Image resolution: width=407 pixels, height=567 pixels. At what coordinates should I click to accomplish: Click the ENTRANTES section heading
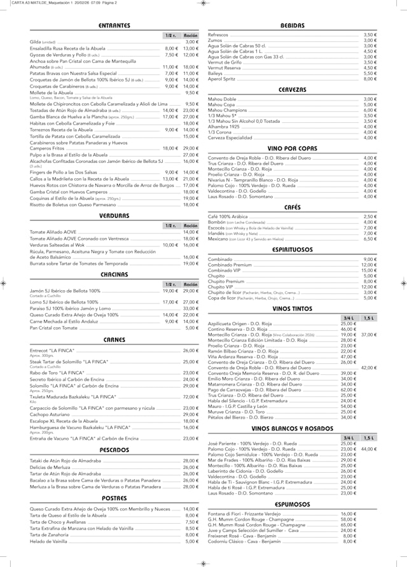(114, 25)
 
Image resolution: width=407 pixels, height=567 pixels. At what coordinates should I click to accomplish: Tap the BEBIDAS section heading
(293, 25)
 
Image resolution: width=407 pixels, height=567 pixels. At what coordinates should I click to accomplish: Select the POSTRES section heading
(114, 498)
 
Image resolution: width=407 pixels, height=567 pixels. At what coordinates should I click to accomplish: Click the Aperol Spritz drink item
(222, 79)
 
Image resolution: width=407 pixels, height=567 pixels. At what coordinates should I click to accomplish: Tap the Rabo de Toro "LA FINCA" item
(57, 373)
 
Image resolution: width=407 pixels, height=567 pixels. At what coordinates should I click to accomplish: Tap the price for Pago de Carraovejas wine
(348, 390)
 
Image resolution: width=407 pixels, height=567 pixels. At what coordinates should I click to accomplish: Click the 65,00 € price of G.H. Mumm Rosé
(348, 525)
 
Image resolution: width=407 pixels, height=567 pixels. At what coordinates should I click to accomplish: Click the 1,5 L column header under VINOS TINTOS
(369, 318)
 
